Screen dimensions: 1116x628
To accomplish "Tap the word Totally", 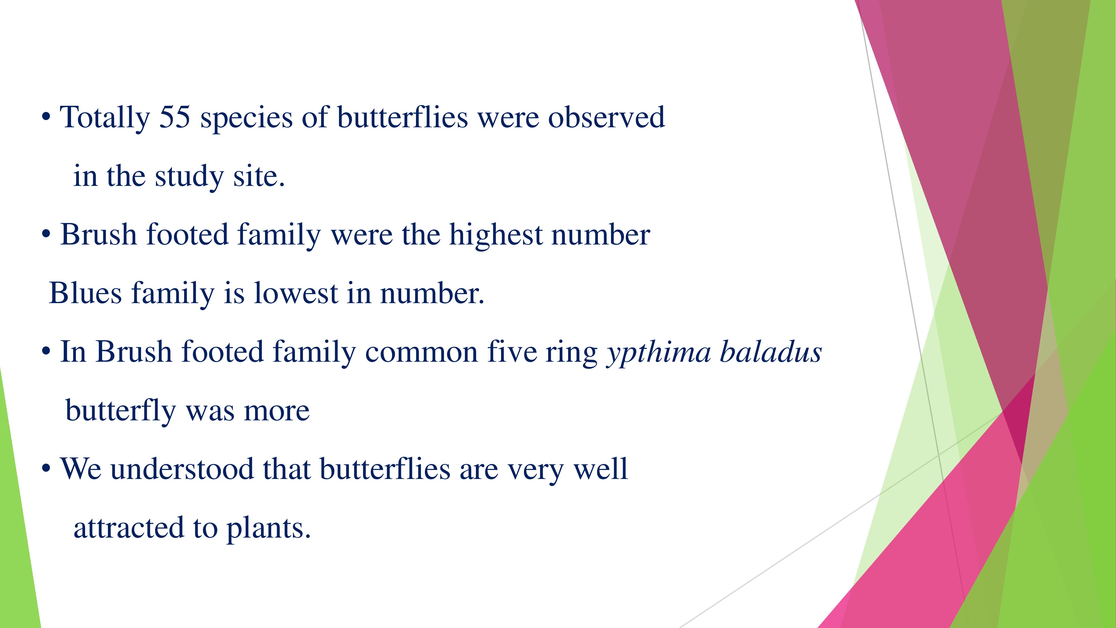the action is [x=105, y=118].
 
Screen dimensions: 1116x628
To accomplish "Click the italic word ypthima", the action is [x=658, y=352].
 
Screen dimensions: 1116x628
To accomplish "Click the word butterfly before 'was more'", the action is [x=121, y=411].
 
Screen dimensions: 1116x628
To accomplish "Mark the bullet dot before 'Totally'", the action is [x=46, y=118].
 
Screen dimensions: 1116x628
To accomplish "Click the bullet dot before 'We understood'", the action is [x=46, y=469].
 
